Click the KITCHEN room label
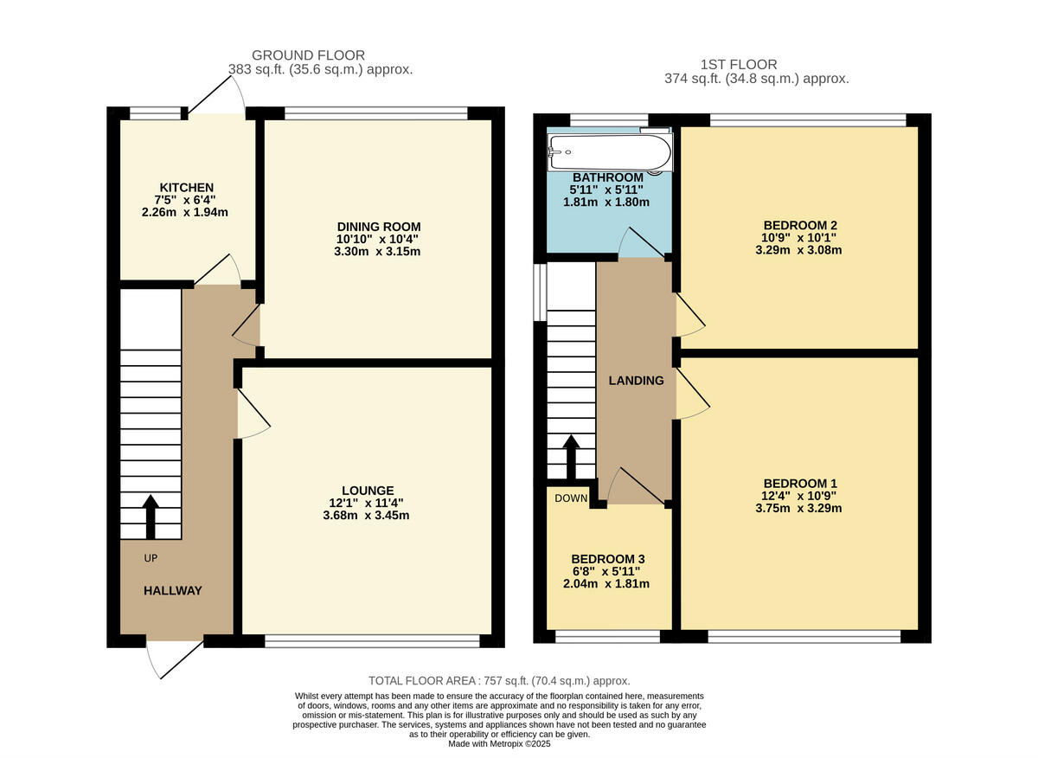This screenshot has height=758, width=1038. point(186,188)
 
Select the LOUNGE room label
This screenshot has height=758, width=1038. point(374,490)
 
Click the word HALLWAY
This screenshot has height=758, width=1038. point(173,591)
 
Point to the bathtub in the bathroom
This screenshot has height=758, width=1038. point(609,153)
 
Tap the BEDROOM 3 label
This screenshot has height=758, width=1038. point(608,559)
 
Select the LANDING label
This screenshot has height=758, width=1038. point(636,381)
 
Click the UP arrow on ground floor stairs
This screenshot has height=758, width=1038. point(151,517)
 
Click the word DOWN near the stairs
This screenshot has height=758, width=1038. point(571,498)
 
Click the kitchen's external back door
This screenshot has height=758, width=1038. point(216,94)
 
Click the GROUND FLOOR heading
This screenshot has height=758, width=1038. point(308,55)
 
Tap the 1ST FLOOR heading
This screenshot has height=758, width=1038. point(738,64)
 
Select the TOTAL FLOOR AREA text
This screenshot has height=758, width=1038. point(499,681)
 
